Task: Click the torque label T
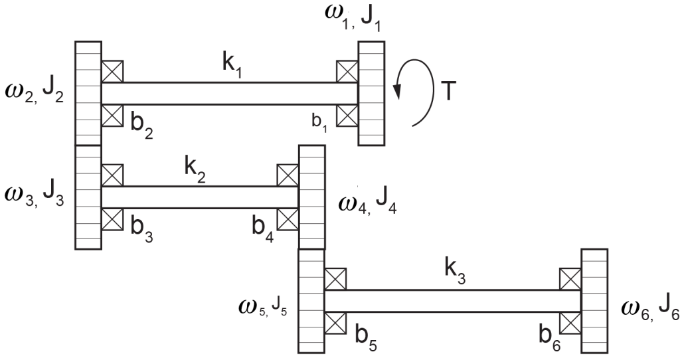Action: click(450, 92)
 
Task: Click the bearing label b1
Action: click(319, 123)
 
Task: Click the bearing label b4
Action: click(263, 229)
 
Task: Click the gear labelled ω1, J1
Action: click(371, 93)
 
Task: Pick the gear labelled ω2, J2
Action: click(88, 93)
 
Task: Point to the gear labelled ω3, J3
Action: click(88, 197)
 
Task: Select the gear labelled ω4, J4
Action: click(312, 197)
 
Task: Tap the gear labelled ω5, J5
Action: click(311, 301)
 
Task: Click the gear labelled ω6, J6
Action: click(594, 301)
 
